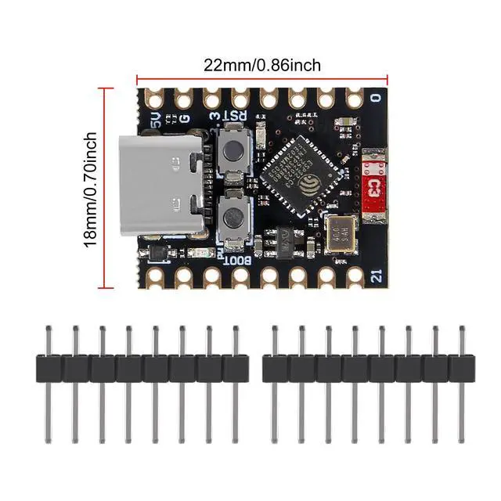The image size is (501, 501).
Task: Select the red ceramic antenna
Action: pyautogui.click(x=375, y=186)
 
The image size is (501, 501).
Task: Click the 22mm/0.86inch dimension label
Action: pyautogui.click(x=262, y=64)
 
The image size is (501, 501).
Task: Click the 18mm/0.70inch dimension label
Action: pyautogui.click(x=92, y=189)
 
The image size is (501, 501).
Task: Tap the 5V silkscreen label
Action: pyautogui.click(x=156, y=120)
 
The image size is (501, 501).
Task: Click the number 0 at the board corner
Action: pyautogui.click(x=377, y=99)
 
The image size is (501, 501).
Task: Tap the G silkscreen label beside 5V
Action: pyautogui.click(x=185, y=119)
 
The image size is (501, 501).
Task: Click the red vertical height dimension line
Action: pyautogui.click(x=108, y=188)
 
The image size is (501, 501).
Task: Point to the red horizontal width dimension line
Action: pyautogui.click(x=262, y=77)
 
